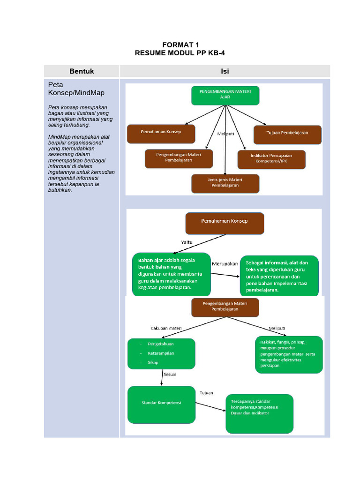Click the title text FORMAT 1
(x=180, y=45)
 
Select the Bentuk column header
(x=82, y=71)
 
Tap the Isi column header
(x=225, y=71)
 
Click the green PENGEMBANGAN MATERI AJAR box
(x=225, y=95)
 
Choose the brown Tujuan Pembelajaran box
(x=287, y=134)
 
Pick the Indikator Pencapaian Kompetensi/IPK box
(x=271, y=159)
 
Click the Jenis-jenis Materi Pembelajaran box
(x=225, y=183)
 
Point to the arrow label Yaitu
(x=187, y=242)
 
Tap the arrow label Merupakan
(x=225, y=263)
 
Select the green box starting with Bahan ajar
(x=171, y=274)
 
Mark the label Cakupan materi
(x=166, y=328)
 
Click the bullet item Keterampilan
(x=161, y=353)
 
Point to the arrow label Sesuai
(x=170, y=375)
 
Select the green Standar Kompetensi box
(x=161, y=403)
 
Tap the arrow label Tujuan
(x=207, y=392)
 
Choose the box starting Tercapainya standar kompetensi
(x=259, y=413)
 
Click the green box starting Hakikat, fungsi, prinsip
(x=289, y=354)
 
